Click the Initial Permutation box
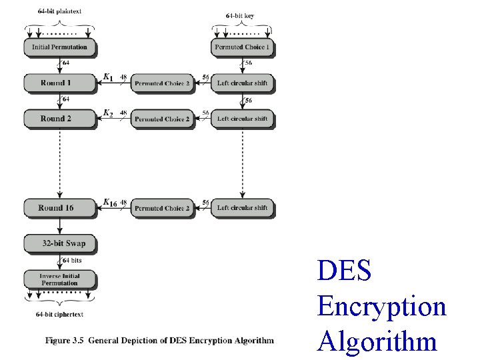[59, 47]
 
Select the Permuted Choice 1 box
[243, 47]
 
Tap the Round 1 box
[59, 83]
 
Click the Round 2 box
[59, 119]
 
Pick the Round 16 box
[59, 208]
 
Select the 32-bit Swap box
[59, 243]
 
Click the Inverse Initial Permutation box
[59, 279]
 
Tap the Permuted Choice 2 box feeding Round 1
[161, 83]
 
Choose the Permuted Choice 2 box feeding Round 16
[161, 208]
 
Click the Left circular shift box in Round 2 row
[243, 119]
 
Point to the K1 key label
[107, 78]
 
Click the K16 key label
[110, 203]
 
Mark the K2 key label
[107, 113]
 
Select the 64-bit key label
[240, 15]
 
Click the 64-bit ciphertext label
[59, 314]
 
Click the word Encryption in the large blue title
[381, 307]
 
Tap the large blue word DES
[345, 271]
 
